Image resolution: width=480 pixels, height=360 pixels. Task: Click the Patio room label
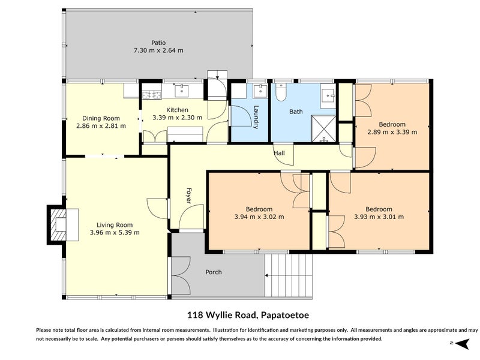(x=158, y=43)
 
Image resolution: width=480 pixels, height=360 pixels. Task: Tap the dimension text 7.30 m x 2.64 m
(x=158, y=50)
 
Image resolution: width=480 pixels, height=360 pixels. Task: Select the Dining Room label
(x=101, y=118)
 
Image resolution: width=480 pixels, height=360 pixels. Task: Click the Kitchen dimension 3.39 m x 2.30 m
(x=177, y=118)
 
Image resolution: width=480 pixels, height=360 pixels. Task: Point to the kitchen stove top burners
(x=152, y=95)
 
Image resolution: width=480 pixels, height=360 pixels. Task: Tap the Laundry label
(x=256, y=117)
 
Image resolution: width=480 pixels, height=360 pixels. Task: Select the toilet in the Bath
(x=280, y=92)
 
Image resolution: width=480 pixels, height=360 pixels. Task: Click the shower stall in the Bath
(x=323, y=128)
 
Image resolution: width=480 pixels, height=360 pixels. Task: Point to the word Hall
(x=279, y=153)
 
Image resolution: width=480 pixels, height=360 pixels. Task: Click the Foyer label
(x=188, y=196)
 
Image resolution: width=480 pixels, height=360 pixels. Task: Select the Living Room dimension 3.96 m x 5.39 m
(x=115, y=233)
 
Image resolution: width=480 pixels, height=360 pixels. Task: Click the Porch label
(x=214, y=272)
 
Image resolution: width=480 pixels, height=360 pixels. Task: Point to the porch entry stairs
(x=289, y=275)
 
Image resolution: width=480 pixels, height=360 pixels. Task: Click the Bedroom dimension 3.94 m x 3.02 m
(x=259, y=217)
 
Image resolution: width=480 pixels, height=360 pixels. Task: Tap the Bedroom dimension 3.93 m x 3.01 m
(x=379, y=217)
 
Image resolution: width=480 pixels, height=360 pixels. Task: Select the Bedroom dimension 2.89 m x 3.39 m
(x=392, y=132)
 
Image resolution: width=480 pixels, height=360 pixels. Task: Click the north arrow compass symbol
(x=461, y=343)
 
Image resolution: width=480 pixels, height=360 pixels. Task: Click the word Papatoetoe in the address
(x=284, y=315)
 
